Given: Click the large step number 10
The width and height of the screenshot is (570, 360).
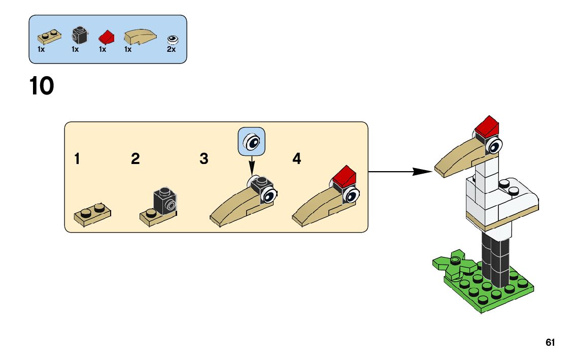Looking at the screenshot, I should click(x=42, y=86).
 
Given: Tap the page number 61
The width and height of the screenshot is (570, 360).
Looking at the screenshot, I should click(x=550, y=343).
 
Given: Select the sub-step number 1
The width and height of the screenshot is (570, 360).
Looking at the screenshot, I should click(x=77, y=159).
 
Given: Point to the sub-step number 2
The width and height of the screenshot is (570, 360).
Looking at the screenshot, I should click(x=135, y=159).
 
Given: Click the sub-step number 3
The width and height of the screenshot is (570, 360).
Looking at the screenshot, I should click(x=204, y=159).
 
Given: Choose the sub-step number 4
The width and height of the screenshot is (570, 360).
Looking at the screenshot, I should click(x=297, y=159).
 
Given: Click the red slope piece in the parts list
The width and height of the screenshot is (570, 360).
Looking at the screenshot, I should click(x=107, y=37).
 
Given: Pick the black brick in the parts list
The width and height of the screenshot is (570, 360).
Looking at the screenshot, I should click(x=79, y=35).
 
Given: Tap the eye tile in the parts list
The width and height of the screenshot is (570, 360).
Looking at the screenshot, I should click(x=173, y=39).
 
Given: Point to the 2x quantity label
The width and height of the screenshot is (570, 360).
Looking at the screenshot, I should click(x=171, y=50).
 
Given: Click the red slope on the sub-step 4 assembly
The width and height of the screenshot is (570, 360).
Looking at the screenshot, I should click(x=344, y=176).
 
